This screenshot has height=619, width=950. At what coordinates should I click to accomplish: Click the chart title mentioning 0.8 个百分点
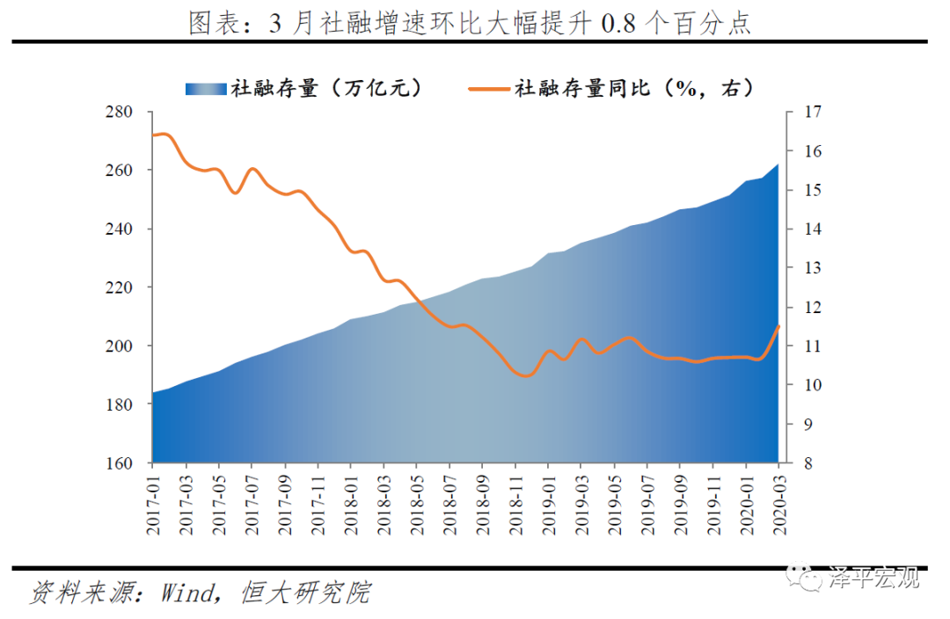[471, 23]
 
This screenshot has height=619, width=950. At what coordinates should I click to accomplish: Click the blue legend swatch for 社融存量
[206, 88]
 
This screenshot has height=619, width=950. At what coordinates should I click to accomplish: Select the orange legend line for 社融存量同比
[487, 88]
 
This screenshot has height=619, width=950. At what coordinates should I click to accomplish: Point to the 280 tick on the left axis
[121, 112]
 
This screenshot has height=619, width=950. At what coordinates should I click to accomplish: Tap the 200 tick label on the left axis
[121, 346]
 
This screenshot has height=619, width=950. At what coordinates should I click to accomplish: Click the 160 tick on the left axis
[121, 462]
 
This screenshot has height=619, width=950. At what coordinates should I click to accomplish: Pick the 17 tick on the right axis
[811, 112]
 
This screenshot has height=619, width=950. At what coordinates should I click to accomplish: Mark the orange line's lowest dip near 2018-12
[525, 375]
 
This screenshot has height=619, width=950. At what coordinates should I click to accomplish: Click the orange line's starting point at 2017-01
[153, 135]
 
